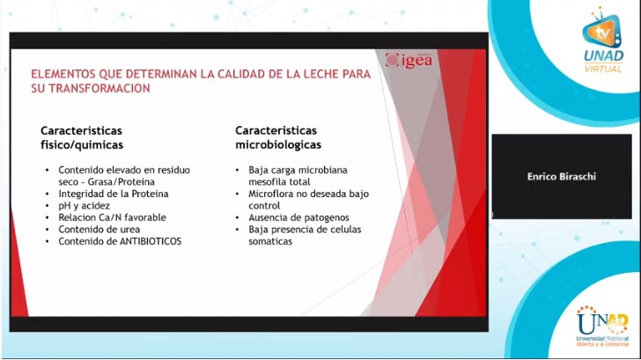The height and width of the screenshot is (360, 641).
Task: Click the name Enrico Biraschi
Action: point(562,176)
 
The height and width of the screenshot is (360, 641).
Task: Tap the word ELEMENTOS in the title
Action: point(63,75)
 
